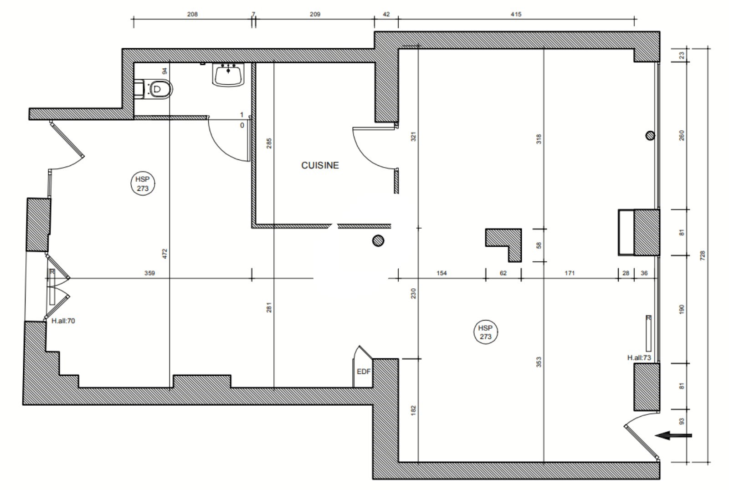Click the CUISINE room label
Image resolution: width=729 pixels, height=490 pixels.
[320, 166]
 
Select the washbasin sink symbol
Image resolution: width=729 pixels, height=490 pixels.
[228, 75]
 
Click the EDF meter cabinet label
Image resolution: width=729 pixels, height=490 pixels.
[364, 372]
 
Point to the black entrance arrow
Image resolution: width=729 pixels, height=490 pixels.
[673, 435]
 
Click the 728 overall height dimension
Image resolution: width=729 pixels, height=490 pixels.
[703, 255]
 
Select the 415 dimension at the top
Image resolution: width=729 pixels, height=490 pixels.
[516, 14]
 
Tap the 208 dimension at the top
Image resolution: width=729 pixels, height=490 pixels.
[192, 14]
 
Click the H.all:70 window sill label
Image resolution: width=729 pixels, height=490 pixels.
[63, 321]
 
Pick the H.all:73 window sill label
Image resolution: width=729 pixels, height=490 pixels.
[639, 358]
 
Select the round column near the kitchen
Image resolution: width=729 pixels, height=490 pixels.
[378, 241]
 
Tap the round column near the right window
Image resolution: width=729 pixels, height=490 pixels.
[650, 136]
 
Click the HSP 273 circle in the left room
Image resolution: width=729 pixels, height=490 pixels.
[143, 184]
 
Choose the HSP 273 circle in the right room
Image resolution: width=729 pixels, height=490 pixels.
[485, 332]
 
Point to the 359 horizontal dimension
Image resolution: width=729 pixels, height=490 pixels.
[150, 273]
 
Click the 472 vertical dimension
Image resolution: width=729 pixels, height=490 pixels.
[164, 254]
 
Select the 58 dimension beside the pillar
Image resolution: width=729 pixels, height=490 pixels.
[539, 245]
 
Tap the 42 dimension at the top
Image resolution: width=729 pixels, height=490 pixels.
[386, 14]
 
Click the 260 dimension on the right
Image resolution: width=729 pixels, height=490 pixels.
[682, 135]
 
